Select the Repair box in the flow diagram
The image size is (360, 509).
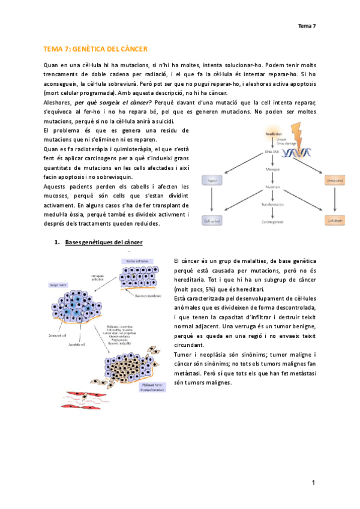click(213, 180)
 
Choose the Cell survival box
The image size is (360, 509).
click(212, 220)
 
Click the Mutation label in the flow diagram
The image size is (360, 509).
click(272, 188)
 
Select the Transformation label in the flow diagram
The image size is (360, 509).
click(272, 204)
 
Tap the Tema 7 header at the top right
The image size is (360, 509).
click(307, 25)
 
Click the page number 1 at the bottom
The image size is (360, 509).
click(313, 483)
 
